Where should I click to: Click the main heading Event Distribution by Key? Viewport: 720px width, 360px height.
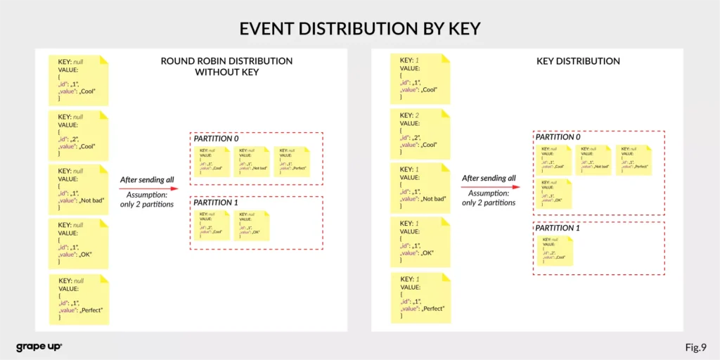(360, 28)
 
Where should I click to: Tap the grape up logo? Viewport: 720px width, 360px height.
(39, 347)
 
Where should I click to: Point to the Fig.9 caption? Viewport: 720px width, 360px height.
(695, 347)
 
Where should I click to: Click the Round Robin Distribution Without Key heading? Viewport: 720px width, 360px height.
(226, 66)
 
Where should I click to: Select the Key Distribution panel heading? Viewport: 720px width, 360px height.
(578, 61)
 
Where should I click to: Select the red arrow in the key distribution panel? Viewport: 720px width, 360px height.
(491, 187)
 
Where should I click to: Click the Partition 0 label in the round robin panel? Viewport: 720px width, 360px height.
(217, 139)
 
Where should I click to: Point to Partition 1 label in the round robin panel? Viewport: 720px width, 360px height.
(216, 202)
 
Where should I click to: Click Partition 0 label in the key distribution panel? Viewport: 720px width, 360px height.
(558, 137)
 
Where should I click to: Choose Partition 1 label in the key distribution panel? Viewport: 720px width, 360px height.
(558, 228)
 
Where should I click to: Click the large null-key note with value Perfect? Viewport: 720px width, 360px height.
(79, 300)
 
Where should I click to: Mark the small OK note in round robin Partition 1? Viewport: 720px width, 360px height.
(251, 224)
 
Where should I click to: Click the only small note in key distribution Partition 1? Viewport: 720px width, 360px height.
(555, 251)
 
